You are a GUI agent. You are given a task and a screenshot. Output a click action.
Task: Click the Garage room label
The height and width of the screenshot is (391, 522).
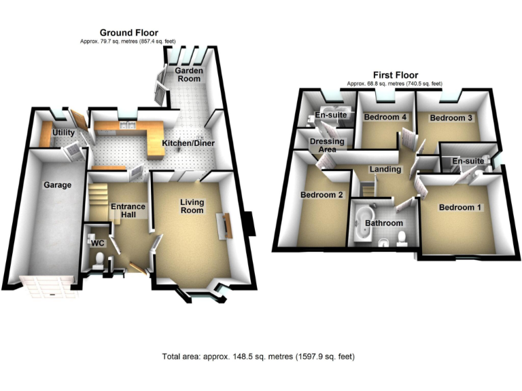coord(58,184)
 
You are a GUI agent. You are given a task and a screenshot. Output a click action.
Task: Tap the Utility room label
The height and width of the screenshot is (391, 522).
coord(63,134)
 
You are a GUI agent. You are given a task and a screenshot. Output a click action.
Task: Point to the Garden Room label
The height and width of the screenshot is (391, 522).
coord(188,75)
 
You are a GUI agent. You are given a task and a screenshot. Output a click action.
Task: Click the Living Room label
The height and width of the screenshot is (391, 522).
coord(191,206)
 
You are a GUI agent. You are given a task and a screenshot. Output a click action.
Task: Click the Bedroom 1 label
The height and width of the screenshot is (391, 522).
coord(460,208)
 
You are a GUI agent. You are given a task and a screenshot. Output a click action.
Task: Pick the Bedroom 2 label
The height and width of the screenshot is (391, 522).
coord(321,195)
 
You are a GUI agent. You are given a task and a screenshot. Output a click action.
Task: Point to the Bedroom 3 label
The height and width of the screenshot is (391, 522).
coord(451,117)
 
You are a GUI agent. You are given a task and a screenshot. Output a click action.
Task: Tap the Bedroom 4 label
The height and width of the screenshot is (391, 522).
coord(385,117)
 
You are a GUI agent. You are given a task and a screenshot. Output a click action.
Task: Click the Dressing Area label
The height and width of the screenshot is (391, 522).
coord(327,145)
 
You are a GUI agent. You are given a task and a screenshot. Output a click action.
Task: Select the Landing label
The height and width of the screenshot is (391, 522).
coord(384,169)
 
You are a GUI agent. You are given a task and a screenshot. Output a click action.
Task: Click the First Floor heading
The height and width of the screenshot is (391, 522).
coord(395,75)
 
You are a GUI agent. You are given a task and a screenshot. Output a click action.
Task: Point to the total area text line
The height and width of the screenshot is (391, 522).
coord(258,356)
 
